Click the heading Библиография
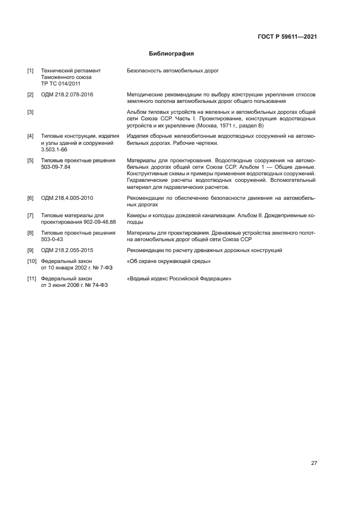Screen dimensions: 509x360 click(172, 54)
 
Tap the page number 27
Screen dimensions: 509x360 click(314, 463)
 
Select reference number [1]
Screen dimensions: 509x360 click(30, 71)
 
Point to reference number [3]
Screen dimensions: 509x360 click(30, 113)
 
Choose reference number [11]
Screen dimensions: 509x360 click(31, 279)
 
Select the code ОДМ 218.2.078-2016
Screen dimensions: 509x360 click(68, 95)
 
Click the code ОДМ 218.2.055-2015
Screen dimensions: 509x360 click(68, 250)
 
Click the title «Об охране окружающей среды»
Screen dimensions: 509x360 click(168, 262)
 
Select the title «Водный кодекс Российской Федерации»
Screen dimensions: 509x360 click(179, 279)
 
